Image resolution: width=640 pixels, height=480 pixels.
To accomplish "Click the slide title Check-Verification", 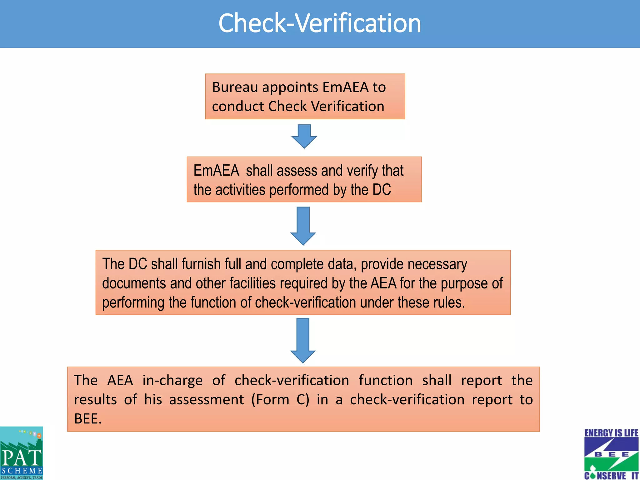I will (319, 23).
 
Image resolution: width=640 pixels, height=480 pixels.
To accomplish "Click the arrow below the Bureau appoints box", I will (304, 136).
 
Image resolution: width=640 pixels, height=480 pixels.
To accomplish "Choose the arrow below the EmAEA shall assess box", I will (303, 226).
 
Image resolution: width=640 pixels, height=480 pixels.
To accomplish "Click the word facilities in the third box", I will (253, 283).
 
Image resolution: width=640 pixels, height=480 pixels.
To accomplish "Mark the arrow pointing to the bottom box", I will (303, 340).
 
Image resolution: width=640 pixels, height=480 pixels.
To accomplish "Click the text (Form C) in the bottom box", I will (280, 400).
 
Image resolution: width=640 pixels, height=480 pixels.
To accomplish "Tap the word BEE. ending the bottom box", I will (88, 419).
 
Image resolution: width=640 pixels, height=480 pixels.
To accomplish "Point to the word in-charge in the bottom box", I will (172, 381).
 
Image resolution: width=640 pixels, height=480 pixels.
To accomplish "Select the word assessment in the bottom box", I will (206, 400).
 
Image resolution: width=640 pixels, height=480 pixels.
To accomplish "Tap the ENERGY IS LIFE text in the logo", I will (611, 433).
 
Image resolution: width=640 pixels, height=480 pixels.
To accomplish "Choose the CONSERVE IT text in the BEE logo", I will (611, 476).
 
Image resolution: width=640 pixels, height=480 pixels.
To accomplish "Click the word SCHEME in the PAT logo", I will (22, 471).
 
